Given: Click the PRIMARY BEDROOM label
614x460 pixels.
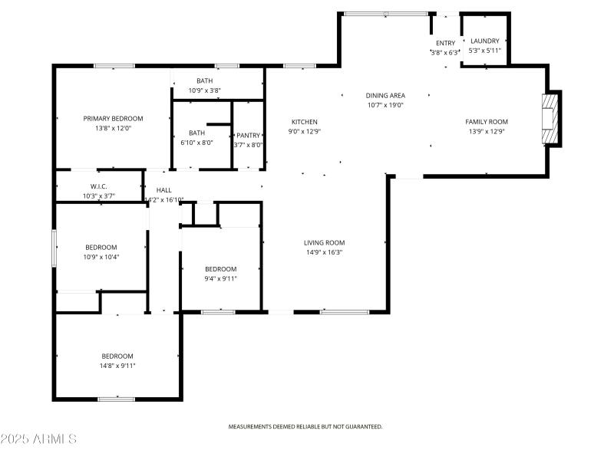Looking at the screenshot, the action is click(x=113, y=119).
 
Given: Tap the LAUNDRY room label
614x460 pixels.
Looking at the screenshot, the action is click(x=485, y=41).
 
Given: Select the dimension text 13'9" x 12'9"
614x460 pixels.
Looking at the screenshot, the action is click(x=487, y=131).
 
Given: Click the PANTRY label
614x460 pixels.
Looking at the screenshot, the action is click(x=248, y=136).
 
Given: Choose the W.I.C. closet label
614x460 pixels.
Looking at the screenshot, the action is click(x=99, y=186).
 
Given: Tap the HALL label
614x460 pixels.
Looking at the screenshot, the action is click(x=163, y=190).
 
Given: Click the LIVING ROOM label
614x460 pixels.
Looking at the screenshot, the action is click(x=324, y=243).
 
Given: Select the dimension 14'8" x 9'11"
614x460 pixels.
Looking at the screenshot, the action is click(x=117, y=366).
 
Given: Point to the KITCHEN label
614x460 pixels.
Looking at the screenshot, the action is click(x=304, y=122).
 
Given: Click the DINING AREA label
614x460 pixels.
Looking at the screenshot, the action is click(x=385, y=95).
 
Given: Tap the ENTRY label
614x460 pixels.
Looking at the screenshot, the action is click(x=446, y=43).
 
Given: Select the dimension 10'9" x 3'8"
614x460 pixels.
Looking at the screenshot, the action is click(x=205, y=90).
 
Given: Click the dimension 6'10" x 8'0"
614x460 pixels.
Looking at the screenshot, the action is click(x=196, y=143).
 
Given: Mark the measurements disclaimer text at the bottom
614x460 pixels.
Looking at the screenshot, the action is click(x=305, y=426).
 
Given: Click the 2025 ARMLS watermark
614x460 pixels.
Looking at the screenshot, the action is click(x=38, y=439).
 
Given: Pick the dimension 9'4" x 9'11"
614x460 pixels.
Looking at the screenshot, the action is click(x=221, y=279).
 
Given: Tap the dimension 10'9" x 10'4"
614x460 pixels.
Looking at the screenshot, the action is click(x=101, y=257).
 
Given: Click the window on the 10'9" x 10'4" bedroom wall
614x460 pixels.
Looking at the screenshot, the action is click(x=54, y=248).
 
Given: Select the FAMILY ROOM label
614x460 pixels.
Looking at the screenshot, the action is click(x=487, y=122).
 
